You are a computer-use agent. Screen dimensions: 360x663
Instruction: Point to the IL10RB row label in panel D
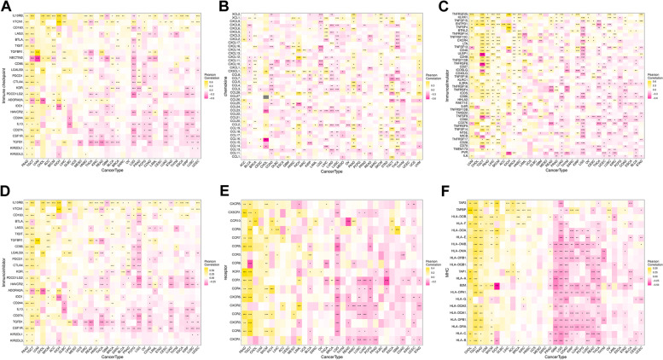pos(16,202)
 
